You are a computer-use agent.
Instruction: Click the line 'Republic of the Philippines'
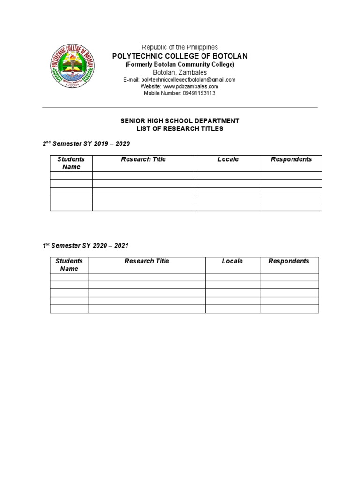coord(180,47)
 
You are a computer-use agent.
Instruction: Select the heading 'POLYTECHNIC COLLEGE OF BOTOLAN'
coord(180,56)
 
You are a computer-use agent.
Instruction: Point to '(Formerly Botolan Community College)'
coord(180,64)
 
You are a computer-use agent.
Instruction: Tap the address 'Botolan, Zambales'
coord(180,72)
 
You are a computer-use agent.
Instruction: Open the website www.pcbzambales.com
coord(190,86)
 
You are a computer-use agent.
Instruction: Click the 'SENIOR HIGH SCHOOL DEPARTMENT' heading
coord(180,121)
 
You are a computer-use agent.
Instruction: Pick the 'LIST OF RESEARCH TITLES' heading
coord(180,128)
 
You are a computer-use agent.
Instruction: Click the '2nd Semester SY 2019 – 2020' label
coord(86,143)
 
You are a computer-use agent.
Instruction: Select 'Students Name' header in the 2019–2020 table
coord(71,163)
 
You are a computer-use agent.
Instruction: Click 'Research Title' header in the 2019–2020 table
coord(143,159)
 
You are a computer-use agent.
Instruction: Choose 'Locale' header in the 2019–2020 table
coord(228,159)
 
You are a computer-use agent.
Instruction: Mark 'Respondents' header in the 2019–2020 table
coord(292,159)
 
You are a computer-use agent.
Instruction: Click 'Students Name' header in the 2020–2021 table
coord(69,265)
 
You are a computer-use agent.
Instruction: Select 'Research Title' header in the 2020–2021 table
coord(147,261)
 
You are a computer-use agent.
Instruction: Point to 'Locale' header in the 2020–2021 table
coord(232,261)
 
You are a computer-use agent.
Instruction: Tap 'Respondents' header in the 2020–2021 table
coord(289,261)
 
